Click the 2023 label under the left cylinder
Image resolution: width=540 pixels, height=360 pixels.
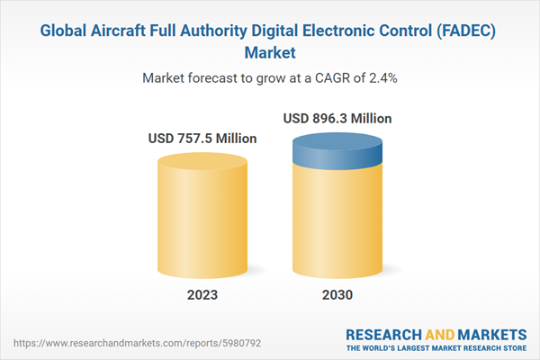coord(202,295)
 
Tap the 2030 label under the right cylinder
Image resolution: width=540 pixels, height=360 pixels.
coord(337,295)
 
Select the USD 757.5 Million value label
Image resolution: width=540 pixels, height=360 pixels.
coord(202,139)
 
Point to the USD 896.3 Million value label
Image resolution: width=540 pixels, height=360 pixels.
coord(337,118)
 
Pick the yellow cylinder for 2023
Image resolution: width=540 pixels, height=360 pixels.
coord(202,216)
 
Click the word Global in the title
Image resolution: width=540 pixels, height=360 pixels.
coord(67,31)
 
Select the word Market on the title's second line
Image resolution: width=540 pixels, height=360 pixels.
coord(270,52)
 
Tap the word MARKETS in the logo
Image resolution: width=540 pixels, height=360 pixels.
coord(493,333)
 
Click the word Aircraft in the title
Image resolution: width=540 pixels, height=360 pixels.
coord(128,31)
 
